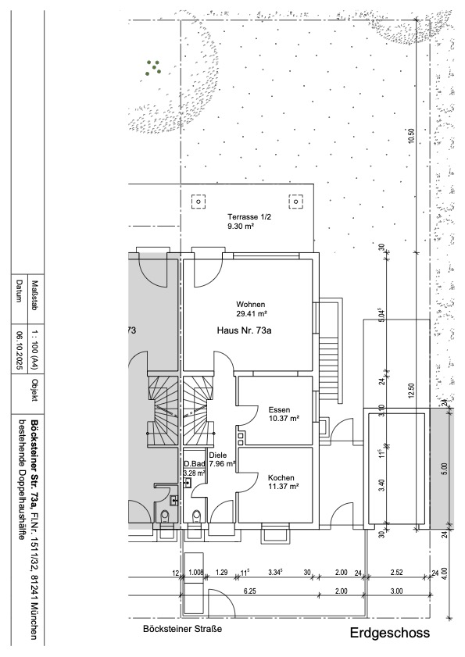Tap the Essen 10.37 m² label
284,414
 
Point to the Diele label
218,455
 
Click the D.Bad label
194,464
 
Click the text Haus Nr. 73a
244,330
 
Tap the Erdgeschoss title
390,633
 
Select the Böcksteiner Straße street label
182,629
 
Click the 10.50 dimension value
411,136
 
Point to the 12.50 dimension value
411,391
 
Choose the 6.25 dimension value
250,591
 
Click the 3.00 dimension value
396,591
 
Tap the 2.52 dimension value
396,573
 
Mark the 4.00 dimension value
445,573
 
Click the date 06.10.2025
19,350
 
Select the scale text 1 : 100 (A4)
35,350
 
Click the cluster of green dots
154,67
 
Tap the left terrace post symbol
199,202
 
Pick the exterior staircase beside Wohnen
329,351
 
